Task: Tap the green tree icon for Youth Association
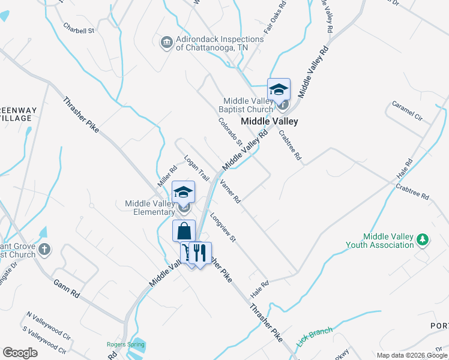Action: (x=423, y=239)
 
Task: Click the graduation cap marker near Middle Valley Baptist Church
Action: (x=279, y=90)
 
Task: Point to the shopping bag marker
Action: (x=184, y=231)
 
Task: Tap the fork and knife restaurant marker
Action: (x=200, y=253)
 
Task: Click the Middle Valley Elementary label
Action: (x=149, y=208)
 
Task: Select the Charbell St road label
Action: (x=79, y=29)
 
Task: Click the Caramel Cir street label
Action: (x=408, y=110)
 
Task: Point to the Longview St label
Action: (x=223, y=229)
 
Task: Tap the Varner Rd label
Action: (x=230, y=191)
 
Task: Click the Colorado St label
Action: (x=230, y=132)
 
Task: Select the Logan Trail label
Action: (x=196, y=169)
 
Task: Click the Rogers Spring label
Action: (x=125, y=344)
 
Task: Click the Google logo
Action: (x=20, y=352)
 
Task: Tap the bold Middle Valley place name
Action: (x=270, y=121)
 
